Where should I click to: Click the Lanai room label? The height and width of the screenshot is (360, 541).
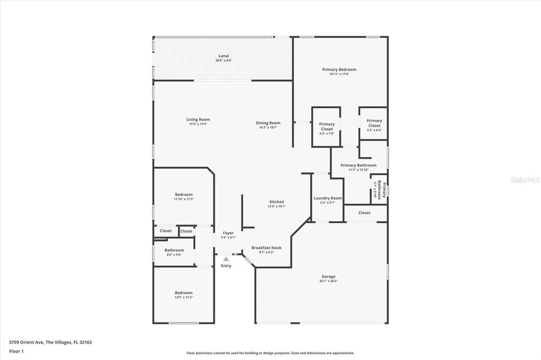223,56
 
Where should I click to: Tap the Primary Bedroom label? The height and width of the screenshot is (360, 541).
339,69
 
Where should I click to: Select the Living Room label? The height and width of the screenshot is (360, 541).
198,119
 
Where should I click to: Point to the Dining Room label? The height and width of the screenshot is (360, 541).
268,123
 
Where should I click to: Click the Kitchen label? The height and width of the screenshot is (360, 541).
277,202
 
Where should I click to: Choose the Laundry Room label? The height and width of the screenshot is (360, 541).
328,198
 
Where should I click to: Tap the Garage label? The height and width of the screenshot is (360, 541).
329,277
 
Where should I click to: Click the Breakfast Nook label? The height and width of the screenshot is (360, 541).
266,248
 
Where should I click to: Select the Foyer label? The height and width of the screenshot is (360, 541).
228,233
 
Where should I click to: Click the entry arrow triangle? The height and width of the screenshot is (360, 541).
226,259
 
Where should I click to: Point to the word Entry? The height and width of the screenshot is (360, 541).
226,266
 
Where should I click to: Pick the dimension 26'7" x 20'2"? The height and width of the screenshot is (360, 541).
329,281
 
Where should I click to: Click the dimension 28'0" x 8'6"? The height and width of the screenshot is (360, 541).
223,61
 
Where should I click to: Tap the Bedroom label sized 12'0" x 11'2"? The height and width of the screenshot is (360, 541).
184,292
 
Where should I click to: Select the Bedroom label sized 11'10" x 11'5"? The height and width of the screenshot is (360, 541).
184,194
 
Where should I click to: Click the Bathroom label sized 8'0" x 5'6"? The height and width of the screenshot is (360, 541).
174,250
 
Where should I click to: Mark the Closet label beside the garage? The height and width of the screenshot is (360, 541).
365,213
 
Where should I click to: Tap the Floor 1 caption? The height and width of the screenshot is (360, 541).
16,351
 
